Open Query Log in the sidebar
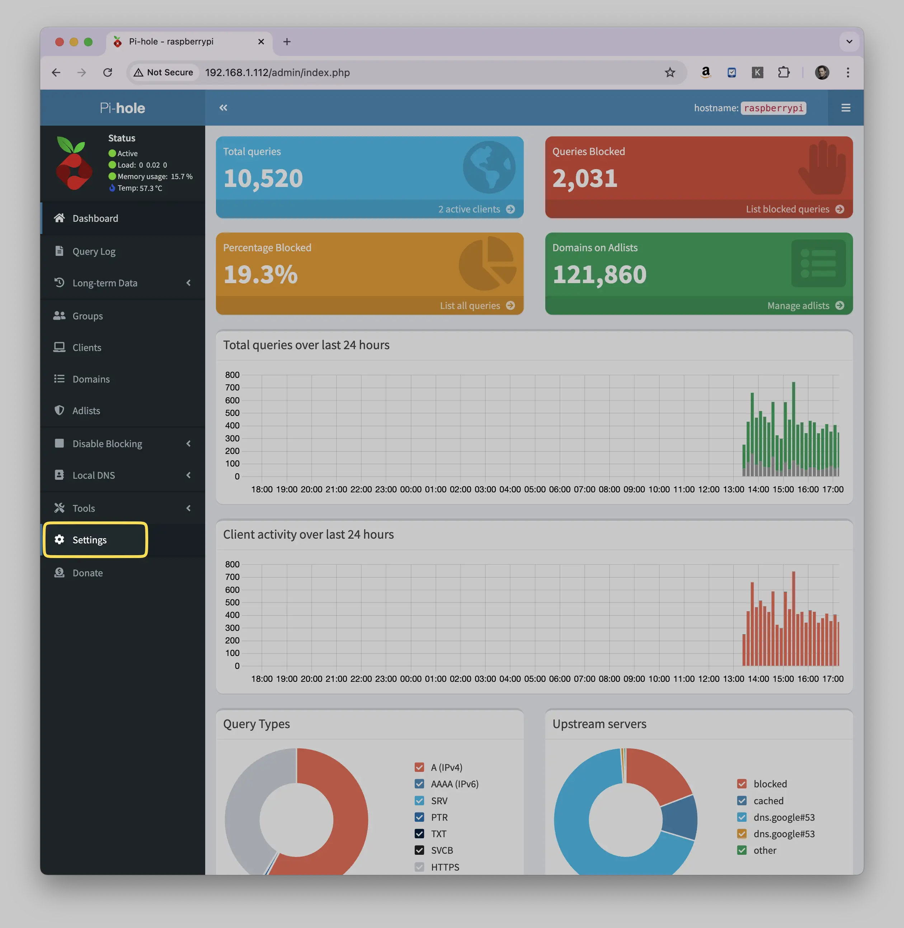point(94,251)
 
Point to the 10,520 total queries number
point(263,178)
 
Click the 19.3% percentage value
point(261,275)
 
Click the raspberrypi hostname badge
point(773,108)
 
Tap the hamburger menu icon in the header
point(846,108)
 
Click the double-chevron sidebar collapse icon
point(223,108)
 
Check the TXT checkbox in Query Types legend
point(419,834)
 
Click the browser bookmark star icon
point(670,72)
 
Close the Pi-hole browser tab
point(261,42)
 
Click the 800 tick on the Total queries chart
point(232,375)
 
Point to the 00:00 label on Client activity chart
point(411,679)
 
